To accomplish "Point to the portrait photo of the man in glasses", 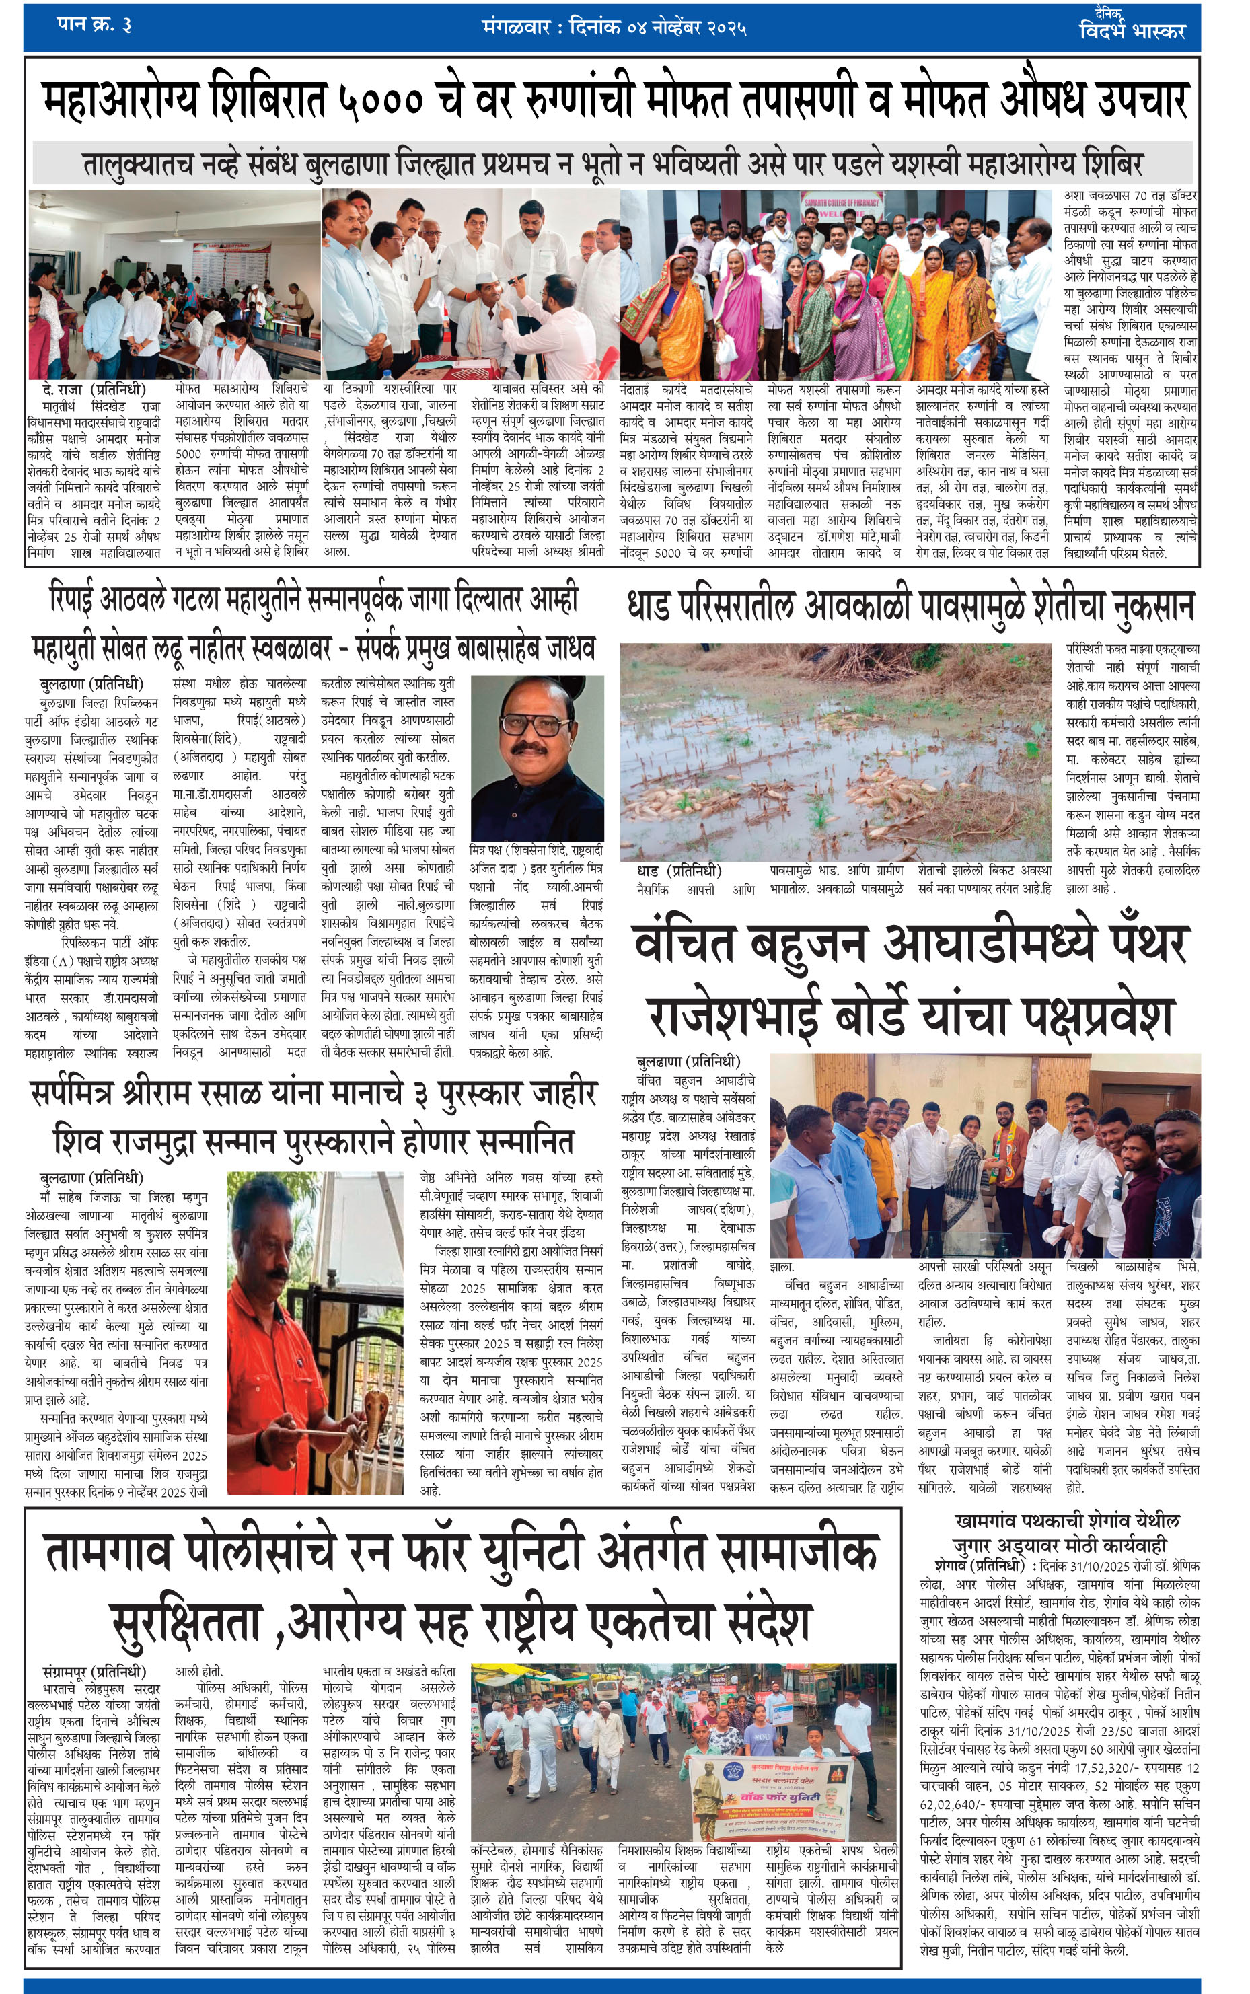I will coord(537,758).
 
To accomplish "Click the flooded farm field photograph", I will coord(835,752).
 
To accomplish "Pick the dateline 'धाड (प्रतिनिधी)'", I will coord(679,871).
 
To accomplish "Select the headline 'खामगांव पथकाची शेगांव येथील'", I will coord(1066,1520).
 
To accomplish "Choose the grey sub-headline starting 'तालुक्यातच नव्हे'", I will coord(612,163).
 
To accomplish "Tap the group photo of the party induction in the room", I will coord(984,1155).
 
